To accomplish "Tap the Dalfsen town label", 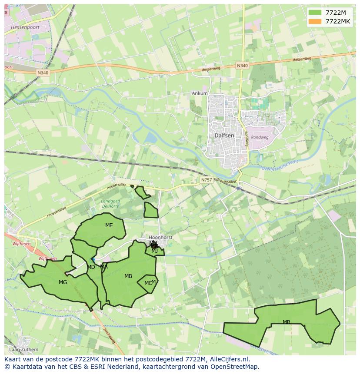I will [225, 135].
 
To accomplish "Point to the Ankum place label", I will [200, 93].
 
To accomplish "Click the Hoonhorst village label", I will [160, 238].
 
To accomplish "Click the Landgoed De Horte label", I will [110, 204].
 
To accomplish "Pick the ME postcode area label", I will [109, 225].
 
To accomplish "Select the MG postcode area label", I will [63, 282].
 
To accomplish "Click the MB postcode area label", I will [128, 276].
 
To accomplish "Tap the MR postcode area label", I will [286, 322].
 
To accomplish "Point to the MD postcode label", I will [91, 267].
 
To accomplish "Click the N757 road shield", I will [206, 179].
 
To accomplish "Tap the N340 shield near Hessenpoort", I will [43, 73].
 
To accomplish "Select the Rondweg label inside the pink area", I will [260, 137].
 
